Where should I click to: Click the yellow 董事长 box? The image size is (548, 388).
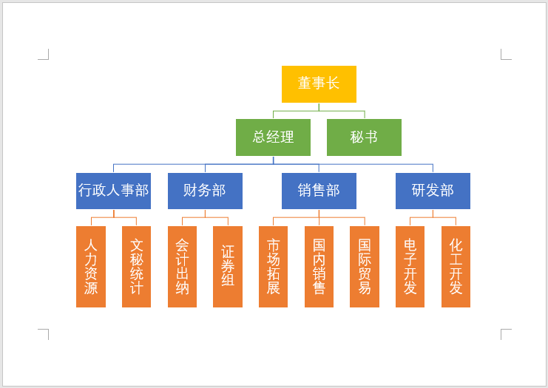(x=319, y=84)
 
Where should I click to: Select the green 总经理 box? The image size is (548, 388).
(x=273, y=137)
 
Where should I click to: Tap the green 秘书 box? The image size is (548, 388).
(x=364, y=137)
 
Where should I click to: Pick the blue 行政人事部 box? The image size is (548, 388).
(x=113, y=191)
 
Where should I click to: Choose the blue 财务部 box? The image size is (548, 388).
(x=205, y=191)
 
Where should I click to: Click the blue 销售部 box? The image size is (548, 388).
(x=319, y=191)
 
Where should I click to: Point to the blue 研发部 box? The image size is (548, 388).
(x=433, y=191)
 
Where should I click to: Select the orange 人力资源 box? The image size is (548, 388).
(x=91, y=266)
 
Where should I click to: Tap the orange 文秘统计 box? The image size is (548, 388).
(x=136, y=266)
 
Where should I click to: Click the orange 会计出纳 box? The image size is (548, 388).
(x=182, y=266)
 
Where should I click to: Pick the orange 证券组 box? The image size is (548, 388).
(x=228, y=266)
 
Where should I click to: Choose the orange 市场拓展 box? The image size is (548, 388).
(x=273, y=266)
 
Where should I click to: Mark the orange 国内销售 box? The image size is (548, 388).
(x=319, y=266)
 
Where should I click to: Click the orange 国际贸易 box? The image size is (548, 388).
(x=364, y=266)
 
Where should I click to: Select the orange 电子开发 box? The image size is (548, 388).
(x=410, y=266)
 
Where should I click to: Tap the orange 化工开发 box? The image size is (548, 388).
(x=456, y=266)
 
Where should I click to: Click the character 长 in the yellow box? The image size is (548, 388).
(x=333, y=84)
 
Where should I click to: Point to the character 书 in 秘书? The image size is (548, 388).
(x=371, y=137)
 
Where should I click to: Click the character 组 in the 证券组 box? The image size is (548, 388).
(x=228, y=280)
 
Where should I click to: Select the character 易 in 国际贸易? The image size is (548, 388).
(x=364, y=287)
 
